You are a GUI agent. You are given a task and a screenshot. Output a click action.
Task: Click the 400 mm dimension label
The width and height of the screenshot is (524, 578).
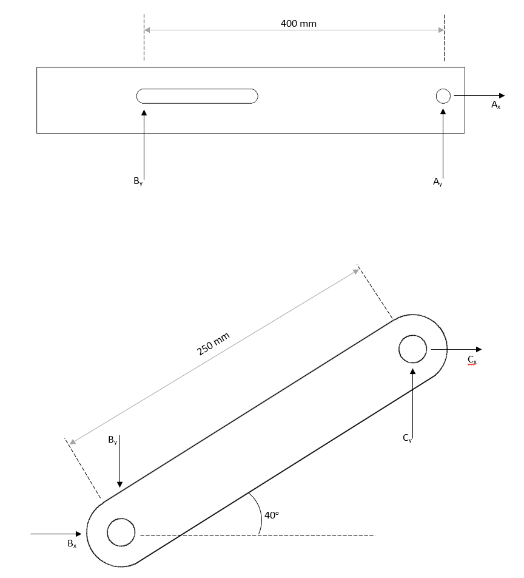pyautogui.click(x=298, y=24)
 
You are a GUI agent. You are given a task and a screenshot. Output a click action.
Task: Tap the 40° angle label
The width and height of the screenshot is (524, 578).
pyautogui.click(x=272, y=515)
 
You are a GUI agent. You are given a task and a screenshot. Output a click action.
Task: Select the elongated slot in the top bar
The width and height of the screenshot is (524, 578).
pyautogui.click(x=197, y=96)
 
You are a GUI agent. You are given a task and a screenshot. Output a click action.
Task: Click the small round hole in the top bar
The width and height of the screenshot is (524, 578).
pyautogui.click(x=443, y=96)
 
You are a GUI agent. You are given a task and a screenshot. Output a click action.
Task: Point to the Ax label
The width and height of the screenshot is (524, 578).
pyautogui.click(x=495, y=105)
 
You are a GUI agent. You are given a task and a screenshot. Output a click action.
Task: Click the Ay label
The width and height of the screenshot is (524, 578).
pyautogui.click(x=437, y=182)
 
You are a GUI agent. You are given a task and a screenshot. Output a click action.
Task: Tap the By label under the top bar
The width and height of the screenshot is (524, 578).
pyautogui.click(x=138, y=181)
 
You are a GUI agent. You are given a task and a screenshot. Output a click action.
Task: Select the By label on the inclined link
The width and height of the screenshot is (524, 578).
pyautogui.click(x=113, y=441)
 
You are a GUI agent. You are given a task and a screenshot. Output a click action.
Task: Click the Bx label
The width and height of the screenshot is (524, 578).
pyautogui.click(x=72, y=543)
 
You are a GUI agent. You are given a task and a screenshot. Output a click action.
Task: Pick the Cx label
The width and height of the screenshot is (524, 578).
pyautogui.click(x=472, y=359)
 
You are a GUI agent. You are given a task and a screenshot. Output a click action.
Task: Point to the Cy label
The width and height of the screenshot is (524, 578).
pyautogui.click(x=407, y=438)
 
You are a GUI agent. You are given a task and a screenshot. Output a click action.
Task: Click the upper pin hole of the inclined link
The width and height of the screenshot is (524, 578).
pyautogui.click(x=413, y=349)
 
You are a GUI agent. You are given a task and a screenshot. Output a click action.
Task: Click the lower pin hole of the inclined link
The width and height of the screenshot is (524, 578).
pyautogui.click(x=121, y=532)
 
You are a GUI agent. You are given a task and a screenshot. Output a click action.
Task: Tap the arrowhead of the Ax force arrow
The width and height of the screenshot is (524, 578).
pyautogui.click(x=501, y=95)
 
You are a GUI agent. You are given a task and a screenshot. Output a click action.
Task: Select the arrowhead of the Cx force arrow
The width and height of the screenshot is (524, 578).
pyautogui.click(x=479, y=349)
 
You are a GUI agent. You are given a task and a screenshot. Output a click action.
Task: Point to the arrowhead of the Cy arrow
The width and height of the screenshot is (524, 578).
pyautogui.click(x=412, y=370)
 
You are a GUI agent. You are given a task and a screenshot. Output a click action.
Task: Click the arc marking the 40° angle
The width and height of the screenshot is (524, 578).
pyautogui.click(x=258, y=513)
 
